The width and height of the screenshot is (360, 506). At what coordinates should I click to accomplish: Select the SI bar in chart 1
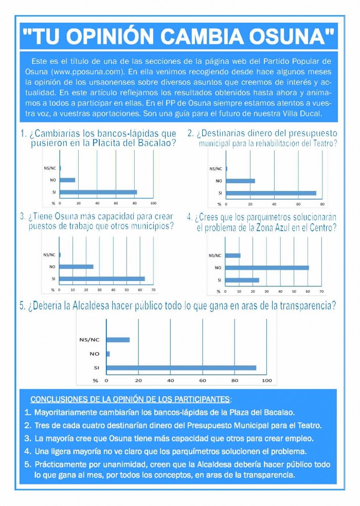pyautogui.click(x=98, y=192)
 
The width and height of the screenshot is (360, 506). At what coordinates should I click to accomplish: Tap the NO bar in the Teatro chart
pyautogui.click(x=241, y=181)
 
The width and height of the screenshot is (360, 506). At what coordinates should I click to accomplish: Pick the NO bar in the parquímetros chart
pyautogui.click(x=267, y=268)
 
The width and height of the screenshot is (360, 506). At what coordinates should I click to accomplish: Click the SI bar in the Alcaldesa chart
pyautogui.click(x=181, y=368)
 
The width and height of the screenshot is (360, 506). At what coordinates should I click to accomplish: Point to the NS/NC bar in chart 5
pyautogui.click(x=118, y=340)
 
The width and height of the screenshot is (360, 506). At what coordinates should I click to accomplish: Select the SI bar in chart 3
pyautogui.click(x=102, y=278)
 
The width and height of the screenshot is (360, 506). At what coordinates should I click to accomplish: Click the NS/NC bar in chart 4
pyautogui.click(x=233, y=255)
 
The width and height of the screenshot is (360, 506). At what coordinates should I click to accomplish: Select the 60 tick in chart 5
pyautogui.click(x=203, y=380)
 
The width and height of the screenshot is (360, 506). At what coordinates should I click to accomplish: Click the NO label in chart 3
pyautogui.click(x=52, y=267)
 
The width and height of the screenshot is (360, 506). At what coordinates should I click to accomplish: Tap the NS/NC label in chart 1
pyautogui.click(x=50, y=168)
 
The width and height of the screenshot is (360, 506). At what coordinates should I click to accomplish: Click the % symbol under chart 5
pyautogui.click(x=95, y=380)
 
